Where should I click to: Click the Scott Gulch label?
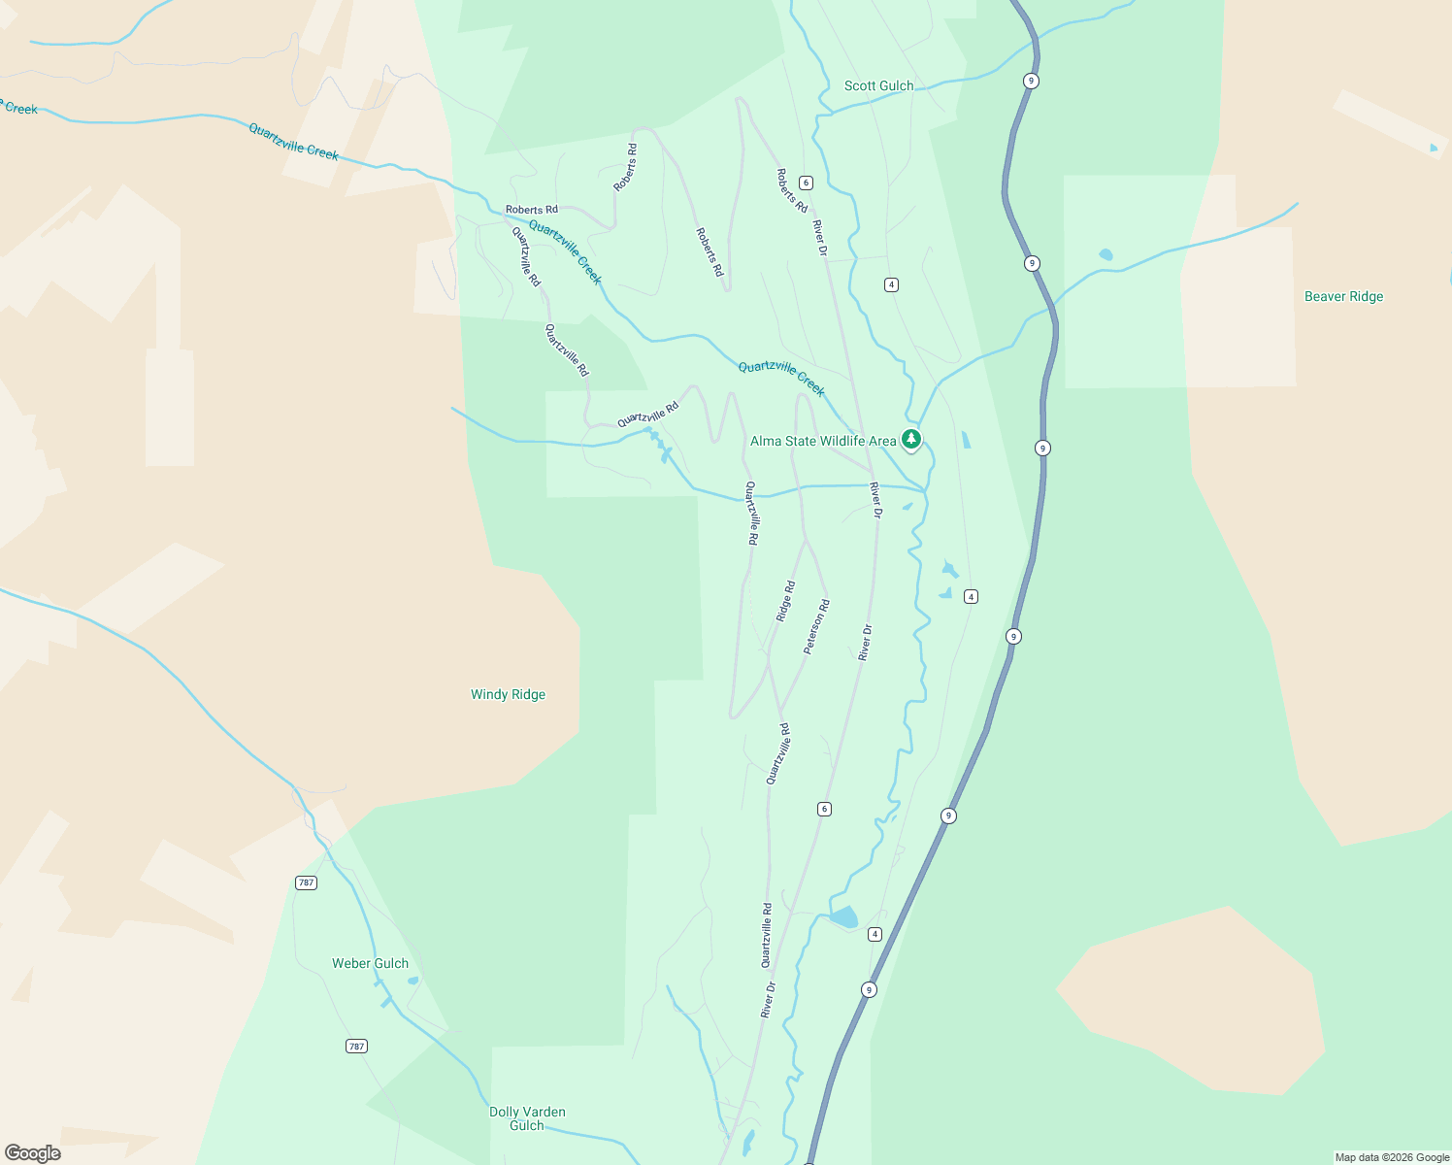point(878,85)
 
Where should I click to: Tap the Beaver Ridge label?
point(1343,296)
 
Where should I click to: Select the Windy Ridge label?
point(508,694)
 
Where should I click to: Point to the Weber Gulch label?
point(370,963)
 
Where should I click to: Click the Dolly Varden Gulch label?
point(527,1118)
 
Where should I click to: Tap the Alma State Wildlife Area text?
point(823,441)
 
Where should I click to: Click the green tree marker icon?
point(910,440)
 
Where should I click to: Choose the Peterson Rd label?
point(816,626)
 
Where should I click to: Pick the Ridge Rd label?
point(785,601)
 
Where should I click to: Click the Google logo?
point(33,1153)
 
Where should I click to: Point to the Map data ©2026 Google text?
point(1392,1157)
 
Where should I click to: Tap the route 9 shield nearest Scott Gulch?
point(1031,81)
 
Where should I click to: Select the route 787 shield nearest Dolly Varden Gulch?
point(356,1046)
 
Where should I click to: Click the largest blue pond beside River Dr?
point(843,916)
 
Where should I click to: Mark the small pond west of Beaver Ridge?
point(1105,255)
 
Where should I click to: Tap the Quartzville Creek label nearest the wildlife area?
point(781,379)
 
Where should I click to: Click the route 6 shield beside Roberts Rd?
point(806,183)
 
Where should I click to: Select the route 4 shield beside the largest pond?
point(874,934)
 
